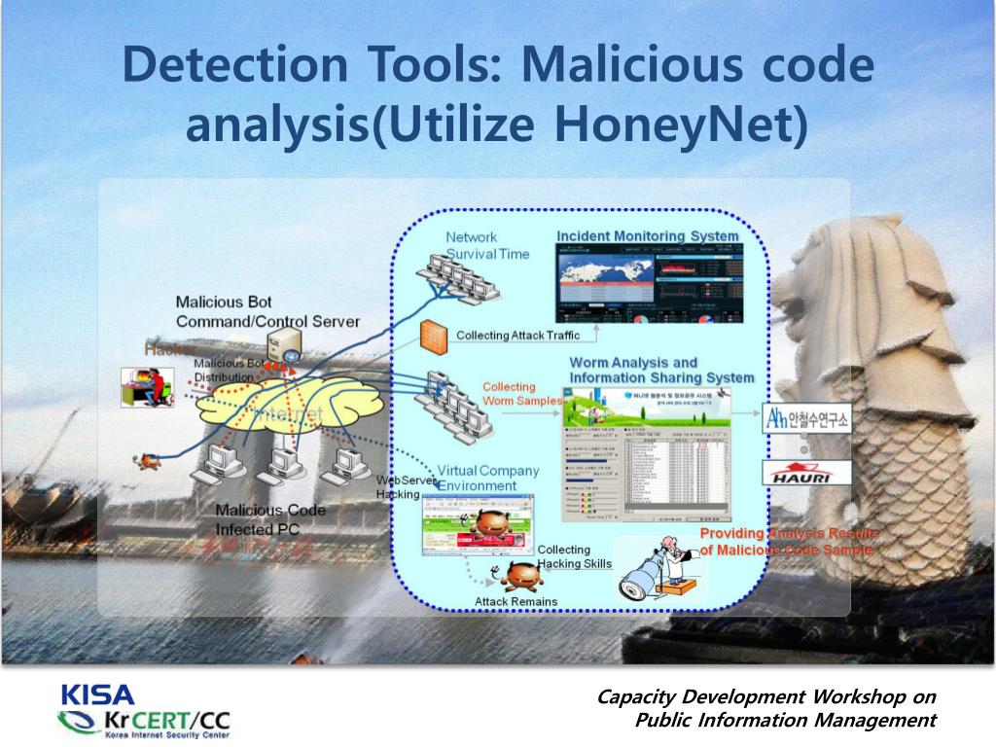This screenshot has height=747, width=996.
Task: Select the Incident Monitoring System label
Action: pos(647,235)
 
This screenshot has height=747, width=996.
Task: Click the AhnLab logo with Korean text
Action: pos(807,419)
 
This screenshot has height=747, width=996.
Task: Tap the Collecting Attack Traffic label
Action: pos(517,336)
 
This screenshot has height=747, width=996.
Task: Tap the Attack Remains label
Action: pos(516,601)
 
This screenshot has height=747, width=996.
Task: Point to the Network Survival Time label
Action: pos(487,245)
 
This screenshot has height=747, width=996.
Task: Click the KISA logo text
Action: pos(97,695)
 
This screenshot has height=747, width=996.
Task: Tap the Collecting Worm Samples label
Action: pos(522,394)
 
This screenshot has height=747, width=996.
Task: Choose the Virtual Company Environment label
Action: pos(487,478)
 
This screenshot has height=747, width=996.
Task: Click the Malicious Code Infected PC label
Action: pos(269,519)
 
